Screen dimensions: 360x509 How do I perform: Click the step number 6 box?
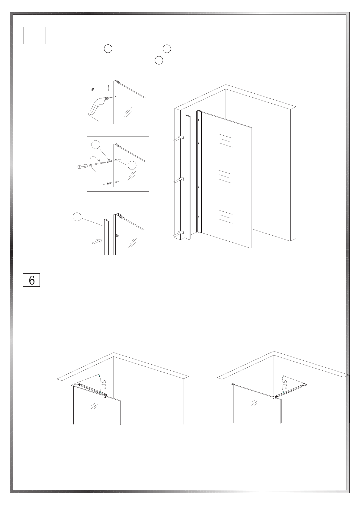click(x=31, y=280)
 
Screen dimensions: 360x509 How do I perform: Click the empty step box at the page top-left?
click(x=35, y=35)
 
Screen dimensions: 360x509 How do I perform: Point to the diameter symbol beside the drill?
click(x=93, y=89)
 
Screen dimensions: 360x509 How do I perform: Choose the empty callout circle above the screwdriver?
click(x=96, y=145)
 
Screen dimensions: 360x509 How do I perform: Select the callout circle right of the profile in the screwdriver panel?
click(x=132, y=166)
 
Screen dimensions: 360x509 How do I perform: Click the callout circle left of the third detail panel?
click(x=77, y=217)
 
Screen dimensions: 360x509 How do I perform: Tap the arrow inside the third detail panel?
click(x=97, y=242)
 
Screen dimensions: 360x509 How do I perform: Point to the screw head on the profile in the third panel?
click(x=117, y=236)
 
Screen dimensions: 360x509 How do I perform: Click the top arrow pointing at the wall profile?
click(x=179, y=138)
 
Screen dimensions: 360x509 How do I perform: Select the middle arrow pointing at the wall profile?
click(x=179, y=180)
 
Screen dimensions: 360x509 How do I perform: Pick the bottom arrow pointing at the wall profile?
click(x=179, y=234)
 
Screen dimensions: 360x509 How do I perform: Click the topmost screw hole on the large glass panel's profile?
click(x=198, y=120)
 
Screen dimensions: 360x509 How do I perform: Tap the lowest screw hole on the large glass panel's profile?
click(x=198, y=217)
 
